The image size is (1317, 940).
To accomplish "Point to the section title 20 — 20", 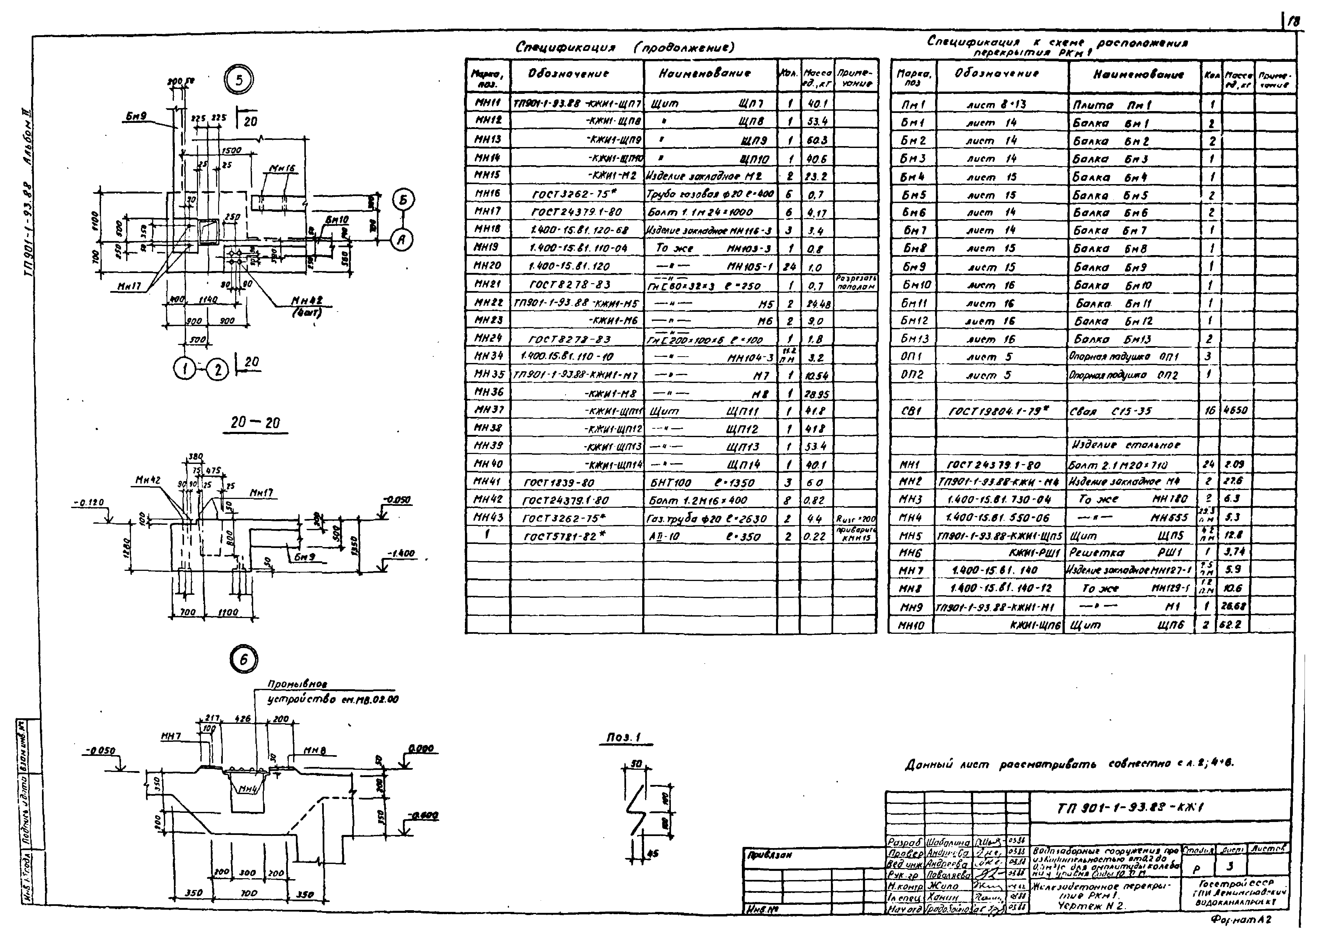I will click(255, 423).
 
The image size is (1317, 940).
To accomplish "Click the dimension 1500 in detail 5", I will click(232, 151).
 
